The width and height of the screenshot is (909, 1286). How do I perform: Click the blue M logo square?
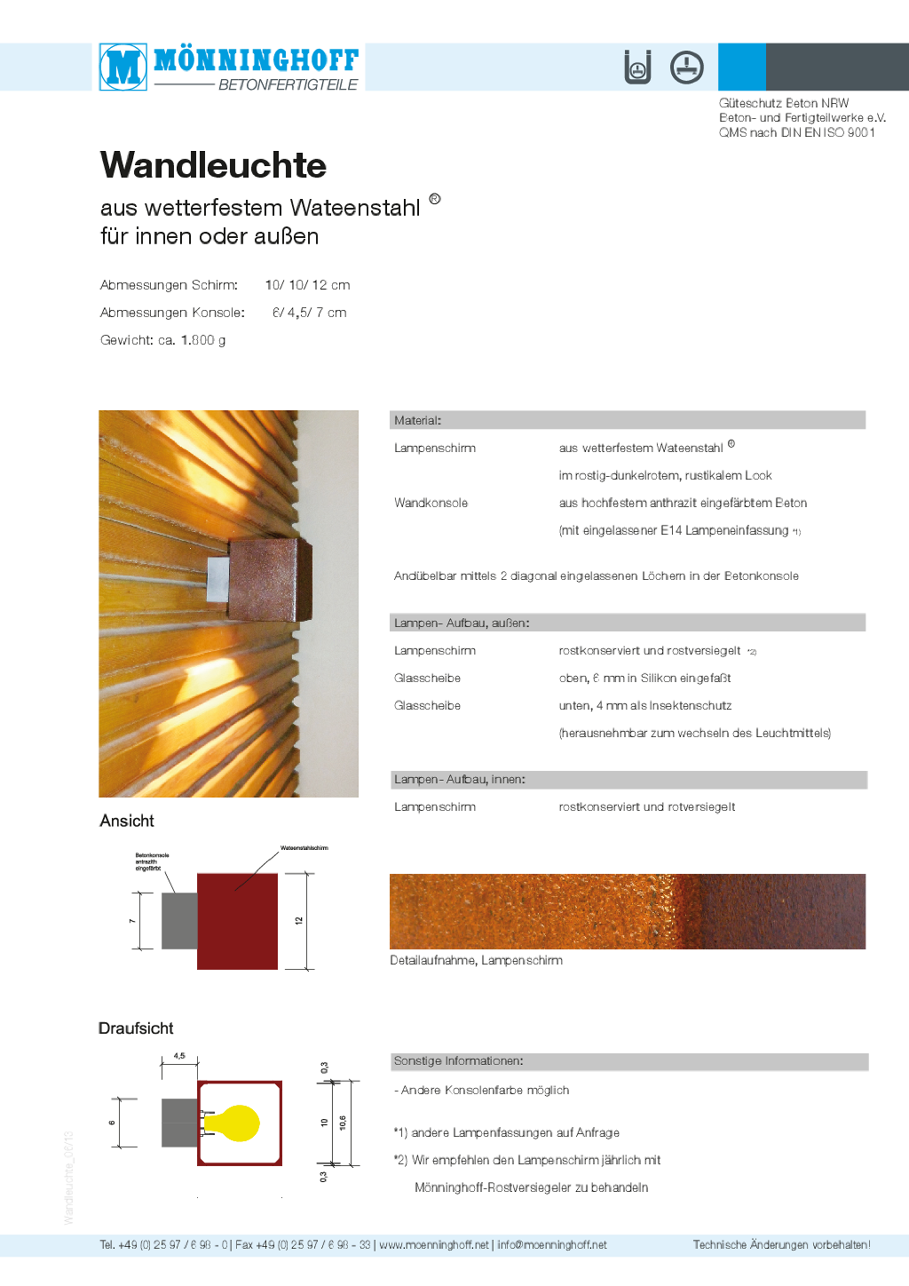click(x=123, y=67)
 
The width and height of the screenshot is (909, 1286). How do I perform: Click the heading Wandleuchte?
click(x=213, y=165)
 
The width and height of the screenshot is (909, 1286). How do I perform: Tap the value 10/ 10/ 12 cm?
click(x=307, y=285)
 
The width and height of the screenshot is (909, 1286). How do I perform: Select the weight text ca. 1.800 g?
click(x=192, y=340)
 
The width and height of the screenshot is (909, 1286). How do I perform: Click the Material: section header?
click(x=418, y=420)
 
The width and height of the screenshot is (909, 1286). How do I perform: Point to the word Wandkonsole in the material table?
click(x=431, y=503)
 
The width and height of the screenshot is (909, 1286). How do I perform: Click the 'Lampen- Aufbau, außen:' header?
click(x=462, y=623)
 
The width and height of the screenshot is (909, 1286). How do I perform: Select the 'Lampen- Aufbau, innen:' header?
click(x=460, y=779)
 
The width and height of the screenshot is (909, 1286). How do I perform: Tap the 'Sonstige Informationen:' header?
click(x=458, y=1060)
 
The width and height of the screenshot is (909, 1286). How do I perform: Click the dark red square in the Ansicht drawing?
click(x=237, y=921)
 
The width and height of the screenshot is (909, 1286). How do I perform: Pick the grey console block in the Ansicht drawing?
click(x=179, y=921)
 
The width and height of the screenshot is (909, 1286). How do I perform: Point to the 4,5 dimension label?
click(x=179, y=1056)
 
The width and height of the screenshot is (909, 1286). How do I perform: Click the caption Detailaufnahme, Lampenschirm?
click(x=476, y=960)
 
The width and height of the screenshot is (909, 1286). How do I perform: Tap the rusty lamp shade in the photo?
click(x=270, y=578)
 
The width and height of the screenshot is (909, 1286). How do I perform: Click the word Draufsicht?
click(x=136, y=1028)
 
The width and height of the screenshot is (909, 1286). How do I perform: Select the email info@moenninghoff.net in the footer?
click(x=552, y=1244)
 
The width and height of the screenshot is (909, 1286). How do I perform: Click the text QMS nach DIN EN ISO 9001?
click(x=796, y=132)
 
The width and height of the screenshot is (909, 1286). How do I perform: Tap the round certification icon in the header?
click(x=686, y=67)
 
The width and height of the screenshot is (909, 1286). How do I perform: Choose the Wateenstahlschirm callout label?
click(x=304, y=848)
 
